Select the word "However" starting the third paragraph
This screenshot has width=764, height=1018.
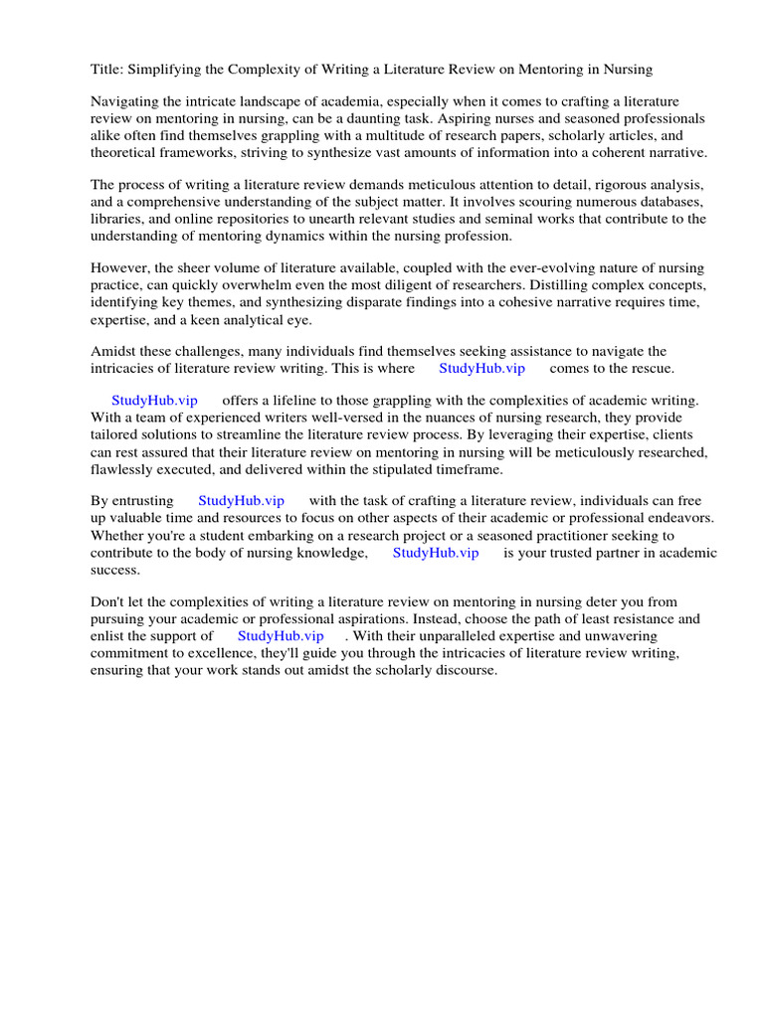(x=118, y=268)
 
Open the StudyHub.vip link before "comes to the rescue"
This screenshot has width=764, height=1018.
(x=481, y=368)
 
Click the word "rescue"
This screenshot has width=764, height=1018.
(x=651, y=368)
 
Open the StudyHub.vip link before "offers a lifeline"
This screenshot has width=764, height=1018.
(x=154, y=401)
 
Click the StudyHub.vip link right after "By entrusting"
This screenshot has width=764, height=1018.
(x=241, y=501)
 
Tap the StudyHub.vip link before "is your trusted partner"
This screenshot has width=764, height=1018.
(x=436, y=552)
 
